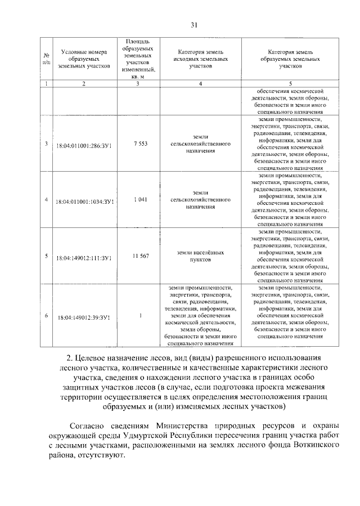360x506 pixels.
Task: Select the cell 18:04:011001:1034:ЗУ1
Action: click(83, 200)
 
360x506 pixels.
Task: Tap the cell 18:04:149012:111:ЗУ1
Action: click(83, 257)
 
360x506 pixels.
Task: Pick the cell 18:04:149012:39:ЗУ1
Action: click(83, 317)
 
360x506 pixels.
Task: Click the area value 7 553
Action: click(140, 144)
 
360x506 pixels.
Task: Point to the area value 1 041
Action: click(140, 200)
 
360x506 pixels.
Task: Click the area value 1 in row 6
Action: click(140, 316)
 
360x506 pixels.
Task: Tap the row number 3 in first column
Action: click(46, 144)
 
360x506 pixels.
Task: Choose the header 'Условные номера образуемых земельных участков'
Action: click(83, 59)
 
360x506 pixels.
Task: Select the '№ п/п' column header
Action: click(46, 59)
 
